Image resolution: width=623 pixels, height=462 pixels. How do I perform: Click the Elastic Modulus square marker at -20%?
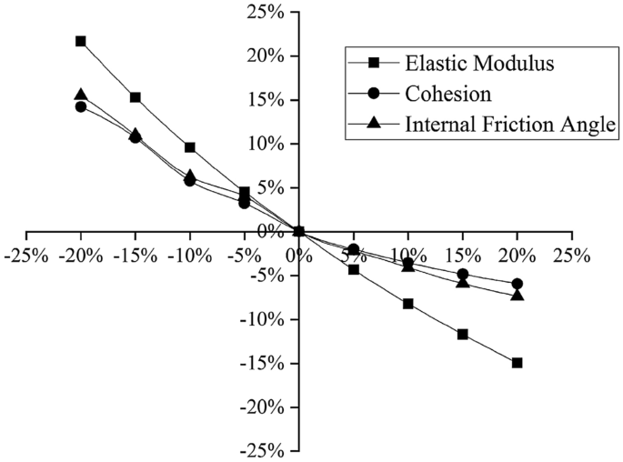[x=81, y=41]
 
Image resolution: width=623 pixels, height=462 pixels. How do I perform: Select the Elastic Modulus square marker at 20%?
[x=517, y=362]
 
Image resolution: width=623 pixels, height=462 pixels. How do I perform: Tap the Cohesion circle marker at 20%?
[x=517, y=284]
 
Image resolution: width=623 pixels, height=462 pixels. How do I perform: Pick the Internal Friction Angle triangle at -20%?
[x=81, y=95]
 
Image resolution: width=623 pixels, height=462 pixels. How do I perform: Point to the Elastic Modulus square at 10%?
[x=408, y=304]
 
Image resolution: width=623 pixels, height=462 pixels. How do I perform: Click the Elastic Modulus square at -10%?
[x=190, y=147]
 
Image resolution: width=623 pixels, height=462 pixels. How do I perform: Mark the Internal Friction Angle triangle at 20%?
[x=517, y=295]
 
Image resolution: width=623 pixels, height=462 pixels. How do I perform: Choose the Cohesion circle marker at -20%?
[x=81, y=106]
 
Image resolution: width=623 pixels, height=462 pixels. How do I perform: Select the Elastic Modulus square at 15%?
[x=463, y=334]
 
